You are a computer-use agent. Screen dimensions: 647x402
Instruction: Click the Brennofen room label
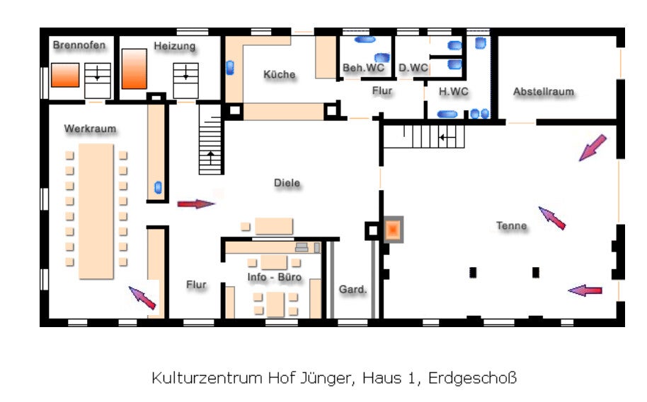click(79, 45)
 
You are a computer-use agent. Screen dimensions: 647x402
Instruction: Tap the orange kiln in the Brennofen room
click(65, 75)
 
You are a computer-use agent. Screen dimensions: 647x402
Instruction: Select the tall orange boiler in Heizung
click(134, 69)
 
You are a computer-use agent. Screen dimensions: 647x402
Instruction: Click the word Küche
click(280, 75)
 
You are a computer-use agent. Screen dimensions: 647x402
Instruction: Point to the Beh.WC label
click(363, 68)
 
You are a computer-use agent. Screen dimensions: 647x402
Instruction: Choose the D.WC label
click(413, 68)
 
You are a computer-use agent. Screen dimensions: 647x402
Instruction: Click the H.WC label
click(454, 91)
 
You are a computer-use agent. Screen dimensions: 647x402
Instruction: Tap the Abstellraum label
click(544, 91)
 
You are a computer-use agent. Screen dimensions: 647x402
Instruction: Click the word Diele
click(287, 182)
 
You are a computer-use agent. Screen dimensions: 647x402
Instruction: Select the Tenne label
click(511, 225)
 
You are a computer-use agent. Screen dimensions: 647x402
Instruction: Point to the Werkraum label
click(90, 129)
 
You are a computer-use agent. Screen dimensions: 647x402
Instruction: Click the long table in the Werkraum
click(96, 211)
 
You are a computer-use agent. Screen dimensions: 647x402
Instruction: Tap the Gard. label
click(353, 290)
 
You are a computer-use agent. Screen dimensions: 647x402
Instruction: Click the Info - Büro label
click(275, 277)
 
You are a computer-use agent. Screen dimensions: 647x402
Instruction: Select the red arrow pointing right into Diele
click(196, 204)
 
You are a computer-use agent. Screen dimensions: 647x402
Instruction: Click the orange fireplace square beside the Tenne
click(394, 230)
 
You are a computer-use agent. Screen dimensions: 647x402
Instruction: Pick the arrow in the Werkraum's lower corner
click(142, 298)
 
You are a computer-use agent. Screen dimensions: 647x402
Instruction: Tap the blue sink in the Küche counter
click(230, 68)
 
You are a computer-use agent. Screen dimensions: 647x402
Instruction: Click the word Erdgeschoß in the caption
click(472, 378)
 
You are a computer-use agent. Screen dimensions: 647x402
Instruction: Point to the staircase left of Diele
click(211, 139)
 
